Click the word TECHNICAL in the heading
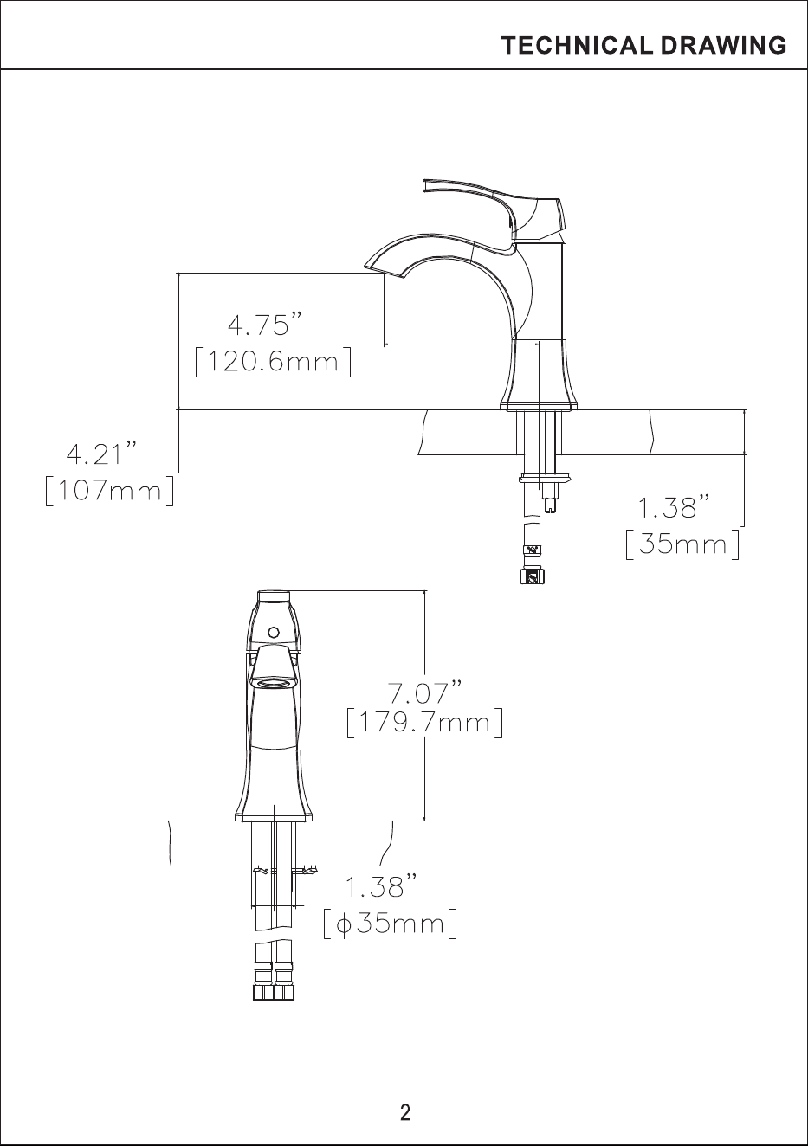pos(577,46)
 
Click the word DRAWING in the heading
pos(723,46)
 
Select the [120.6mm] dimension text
pos(274,362)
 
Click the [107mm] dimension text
pos(110,491)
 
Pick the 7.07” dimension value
pos(425,692)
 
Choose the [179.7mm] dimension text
pos(424,723)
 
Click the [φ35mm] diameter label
pos(390,924)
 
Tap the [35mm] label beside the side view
pos(682,544)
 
